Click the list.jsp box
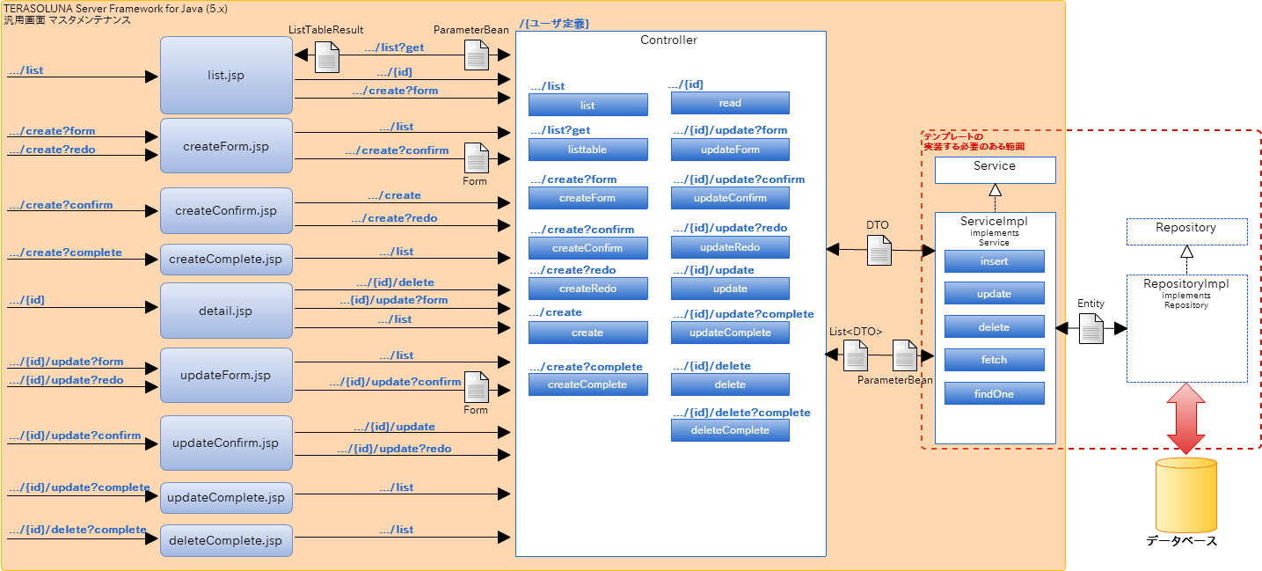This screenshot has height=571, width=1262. pyautogui.click(x=226, y=76)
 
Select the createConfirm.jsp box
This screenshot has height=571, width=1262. pyautogui.click(x=226, y=211)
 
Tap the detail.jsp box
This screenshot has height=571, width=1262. pyautogui.click(x=226, y=311)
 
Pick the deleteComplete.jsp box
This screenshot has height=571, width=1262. pyautogui.click(x=226, y=540)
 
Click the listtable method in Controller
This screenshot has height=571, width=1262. pyautogui.click(x=587, y=150)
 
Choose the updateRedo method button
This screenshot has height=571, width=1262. pyautogui.click(x=730, y=247)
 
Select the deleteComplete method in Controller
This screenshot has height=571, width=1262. pyautogui.click(x=730, y=430)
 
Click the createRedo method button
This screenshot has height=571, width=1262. pyautogui.click(x=587, y=289)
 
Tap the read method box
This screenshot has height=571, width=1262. pyautogui.click(x=730, y=103)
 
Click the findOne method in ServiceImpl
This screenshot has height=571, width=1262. pyautogui.click(x=994, y=394)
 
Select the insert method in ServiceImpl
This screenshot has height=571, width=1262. pyautogui.click(x=994, y=261)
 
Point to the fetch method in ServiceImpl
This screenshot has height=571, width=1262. pyautogui.click(x=994, y=360)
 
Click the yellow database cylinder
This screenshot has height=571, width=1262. pyautogui.click(x=1186, y=495)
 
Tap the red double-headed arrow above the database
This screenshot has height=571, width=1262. pyautogui.click(x=1186, y=419)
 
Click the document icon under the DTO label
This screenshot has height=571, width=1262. pyautogui.click(x=879, y=250)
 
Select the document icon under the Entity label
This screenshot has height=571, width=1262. pyautogui.click(x=1091, y=329)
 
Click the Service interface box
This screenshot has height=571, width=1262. pyautogui.click(x=995, y=170)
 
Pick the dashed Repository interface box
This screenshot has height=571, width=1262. pyautogui.click(x=1186, y=231)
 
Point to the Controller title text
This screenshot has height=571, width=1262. pyautogui.click(x=668, y=40)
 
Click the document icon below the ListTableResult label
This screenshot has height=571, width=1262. pyautogui.click(x=327, y=58)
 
